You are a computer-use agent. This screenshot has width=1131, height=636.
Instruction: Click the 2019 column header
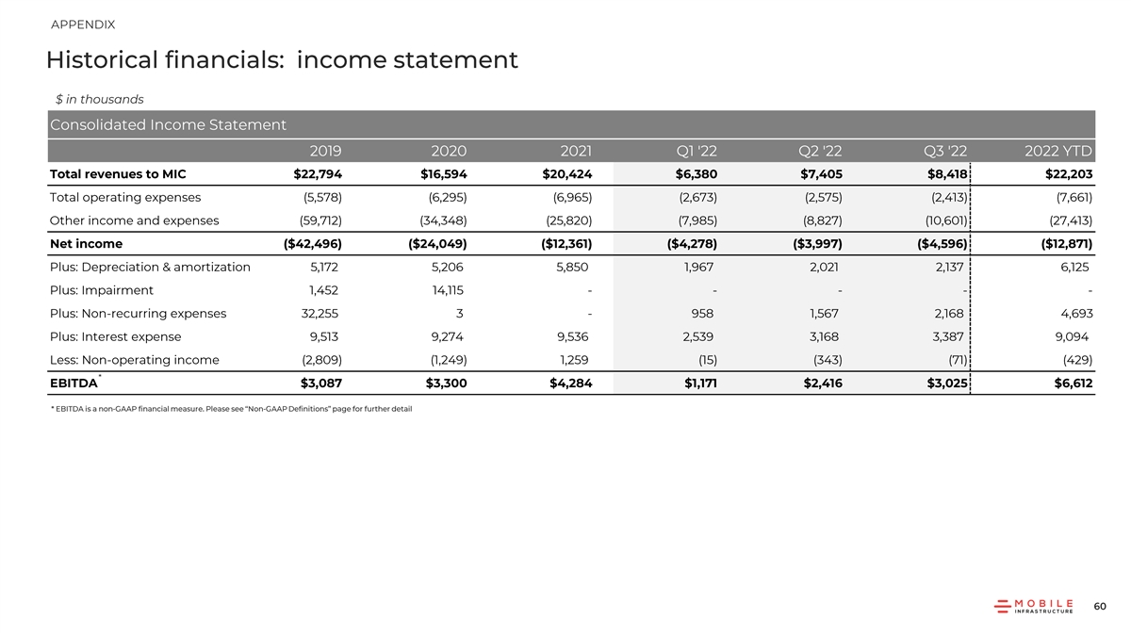[325, 151]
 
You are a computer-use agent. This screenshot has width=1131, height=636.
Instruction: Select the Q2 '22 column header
[819, 151]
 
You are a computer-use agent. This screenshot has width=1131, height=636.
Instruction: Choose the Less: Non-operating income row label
[134, 360]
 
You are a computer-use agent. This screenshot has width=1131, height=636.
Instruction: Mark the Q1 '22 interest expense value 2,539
[697, 336]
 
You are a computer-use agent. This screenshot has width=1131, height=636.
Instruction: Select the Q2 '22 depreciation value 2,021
[823, 267]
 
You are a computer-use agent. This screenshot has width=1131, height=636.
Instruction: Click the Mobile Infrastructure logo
[1034, 606]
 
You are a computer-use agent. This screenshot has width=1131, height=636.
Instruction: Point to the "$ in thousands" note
[99, 99]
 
